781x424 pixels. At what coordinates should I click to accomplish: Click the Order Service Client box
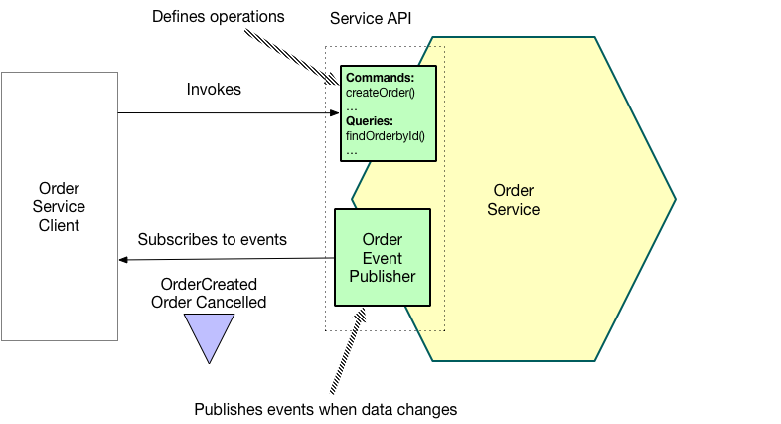(59, 206)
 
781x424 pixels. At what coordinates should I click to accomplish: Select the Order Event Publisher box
(383, 257)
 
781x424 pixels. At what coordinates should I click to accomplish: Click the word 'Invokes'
(214, 90)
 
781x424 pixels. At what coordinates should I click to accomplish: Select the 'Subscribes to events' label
(212, 239)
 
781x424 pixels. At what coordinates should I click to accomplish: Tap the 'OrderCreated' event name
(209, 284)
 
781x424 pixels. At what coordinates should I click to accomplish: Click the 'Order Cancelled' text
(209, 302)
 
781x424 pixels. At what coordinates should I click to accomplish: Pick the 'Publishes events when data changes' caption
(325, 409)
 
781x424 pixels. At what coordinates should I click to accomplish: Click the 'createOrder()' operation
(379, 92)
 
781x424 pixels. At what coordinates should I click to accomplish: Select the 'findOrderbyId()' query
(385, 134)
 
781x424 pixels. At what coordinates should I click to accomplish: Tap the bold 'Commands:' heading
(380, 77)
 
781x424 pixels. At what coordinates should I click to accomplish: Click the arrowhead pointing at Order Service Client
(123, 260)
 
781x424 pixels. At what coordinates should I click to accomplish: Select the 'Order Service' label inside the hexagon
(515, 199)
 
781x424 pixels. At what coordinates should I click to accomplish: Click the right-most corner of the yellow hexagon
(674, 200)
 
